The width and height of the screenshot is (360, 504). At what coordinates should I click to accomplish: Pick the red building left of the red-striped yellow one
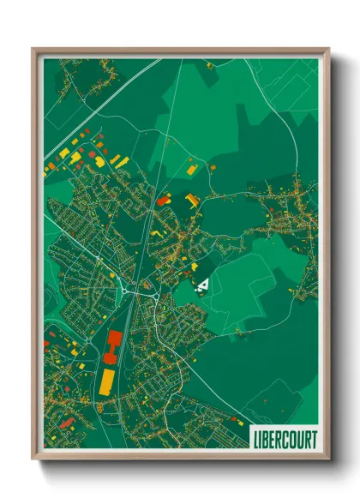coord(163,200)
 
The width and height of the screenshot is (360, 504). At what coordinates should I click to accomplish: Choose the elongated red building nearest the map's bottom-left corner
coord(66,422)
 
